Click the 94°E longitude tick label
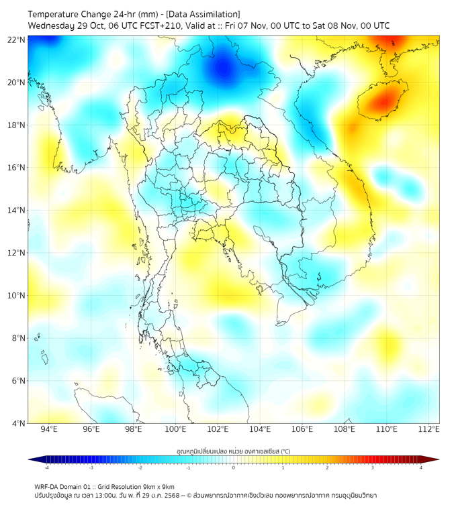49,429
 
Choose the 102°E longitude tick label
218,429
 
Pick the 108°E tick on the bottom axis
345,429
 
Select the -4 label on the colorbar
46,467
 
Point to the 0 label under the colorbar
234,467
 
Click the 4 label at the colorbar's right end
421,467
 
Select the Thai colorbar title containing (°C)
233,451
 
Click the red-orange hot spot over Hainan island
383,103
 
